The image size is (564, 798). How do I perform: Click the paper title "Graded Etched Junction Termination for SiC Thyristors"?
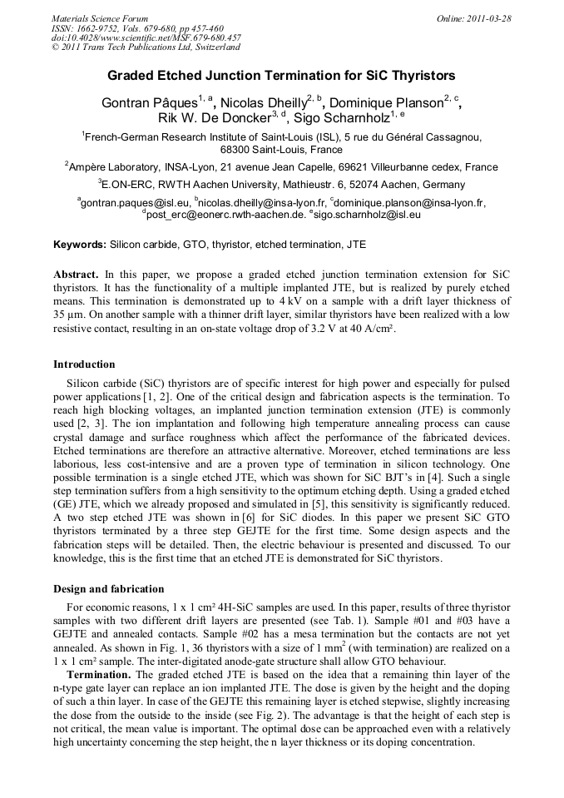point(281,75)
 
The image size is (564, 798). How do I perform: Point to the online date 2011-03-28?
point(485,18)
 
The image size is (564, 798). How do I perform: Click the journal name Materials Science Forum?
point(100,18)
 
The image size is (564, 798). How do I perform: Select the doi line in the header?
point(146,37)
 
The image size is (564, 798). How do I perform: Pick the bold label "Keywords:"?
point(80,245)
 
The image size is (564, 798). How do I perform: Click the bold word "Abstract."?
point(77,275)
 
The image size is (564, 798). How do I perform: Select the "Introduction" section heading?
point(84,364)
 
